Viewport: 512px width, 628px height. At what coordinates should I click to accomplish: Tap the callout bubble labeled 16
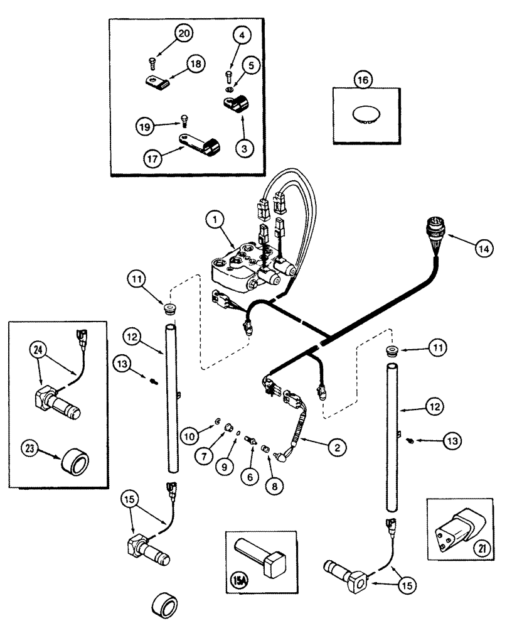pos(362,80)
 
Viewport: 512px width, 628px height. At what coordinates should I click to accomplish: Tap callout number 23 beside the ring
pos(31,449)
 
